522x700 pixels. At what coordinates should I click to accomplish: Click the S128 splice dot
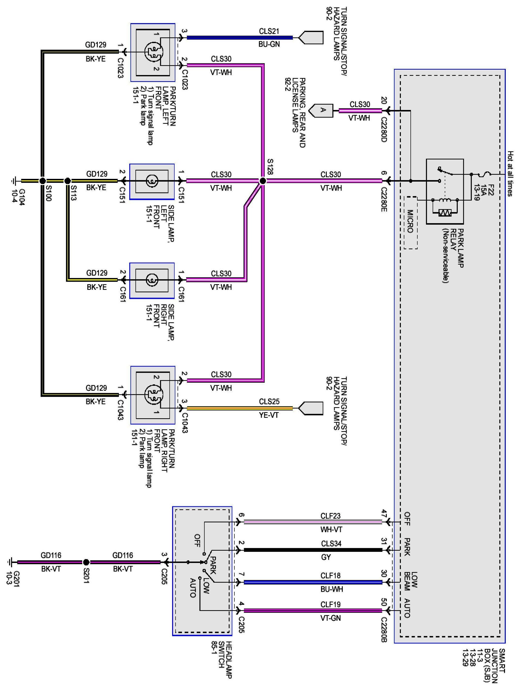pos(262,181)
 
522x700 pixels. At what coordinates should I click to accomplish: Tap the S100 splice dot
pos(42,181)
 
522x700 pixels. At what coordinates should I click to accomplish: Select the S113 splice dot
pos(67,181)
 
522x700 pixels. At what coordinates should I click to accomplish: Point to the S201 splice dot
pos(86,562)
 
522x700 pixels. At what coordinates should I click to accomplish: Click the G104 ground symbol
pos(14,181)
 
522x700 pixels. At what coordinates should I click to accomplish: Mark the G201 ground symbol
pos(9,562)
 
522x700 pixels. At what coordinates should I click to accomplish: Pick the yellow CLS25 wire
pos(240,408)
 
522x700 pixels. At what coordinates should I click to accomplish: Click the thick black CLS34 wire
pos(313,550)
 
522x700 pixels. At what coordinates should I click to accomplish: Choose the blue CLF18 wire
pos(313,582)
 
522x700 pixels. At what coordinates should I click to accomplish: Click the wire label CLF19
pos(330,604)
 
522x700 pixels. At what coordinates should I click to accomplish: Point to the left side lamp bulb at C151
pos(152,181)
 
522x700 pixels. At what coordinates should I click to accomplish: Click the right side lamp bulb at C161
pos(152,280)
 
